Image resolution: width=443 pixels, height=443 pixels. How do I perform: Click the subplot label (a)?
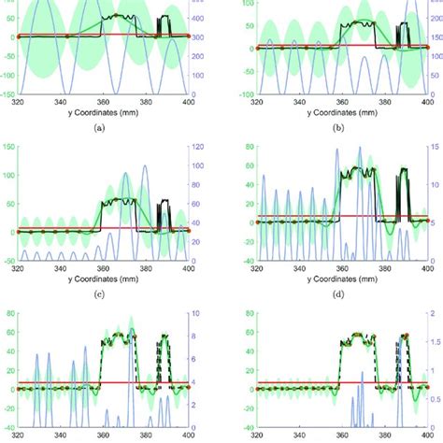(100, 128)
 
